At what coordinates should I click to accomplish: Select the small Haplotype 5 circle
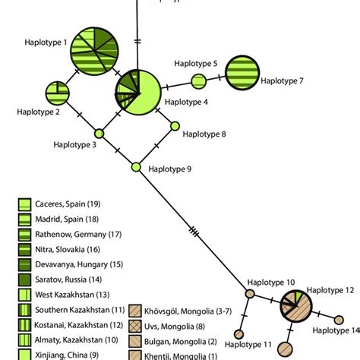click(x=198, y=81)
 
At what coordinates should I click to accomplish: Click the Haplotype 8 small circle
click(x=175, y=126)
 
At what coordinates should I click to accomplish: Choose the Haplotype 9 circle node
click(x=137, y=167)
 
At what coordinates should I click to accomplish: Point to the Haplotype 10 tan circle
click(x=250, y=293)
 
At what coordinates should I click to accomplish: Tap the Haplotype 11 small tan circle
click(x=238, y=333)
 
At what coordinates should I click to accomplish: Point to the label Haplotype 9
click(x=169, y=169)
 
